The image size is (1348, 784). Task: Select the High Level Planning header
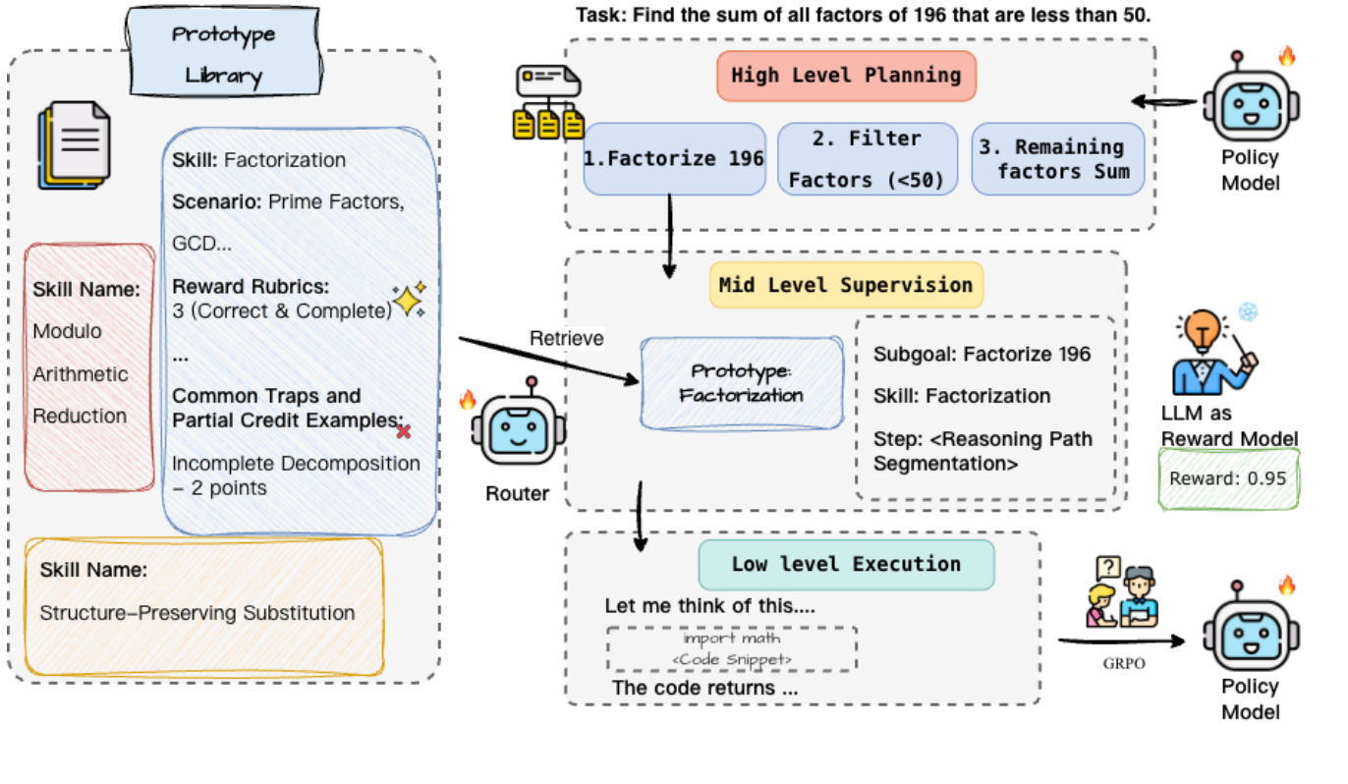(x=846, y=76)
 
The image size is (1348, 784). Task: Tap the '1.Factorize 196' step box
(x=674, y=158)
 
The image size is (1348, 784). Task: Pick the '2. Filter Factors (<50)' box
(x=867, y=159)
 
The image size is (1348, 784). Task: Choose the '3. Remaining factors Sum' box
(x=1057, y=159)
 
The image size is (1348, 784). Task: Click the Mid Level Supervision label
(x=845, y=285)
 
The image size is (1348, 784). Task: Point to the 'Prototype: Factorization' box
(x=741, y=383)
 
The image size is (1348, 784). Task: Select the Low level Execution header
(x=845, y=565)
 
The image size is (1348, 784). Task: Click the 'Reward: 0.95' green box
(x=1229, y=478)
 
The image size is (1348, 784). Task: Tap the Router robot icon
(x=517, y=429)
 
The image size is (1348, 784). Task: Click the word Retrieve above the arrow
(x=567, y=338)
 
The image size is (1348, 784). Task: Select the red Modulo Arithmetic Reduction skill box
(x=89, y=366)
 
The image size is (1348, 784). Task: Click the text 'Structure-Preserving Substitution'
(x=197, y=613)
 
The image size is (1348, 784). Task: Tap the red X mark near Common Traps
(x=403, y=430)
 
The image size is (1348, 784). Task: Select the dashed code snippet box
(x=731, y=649)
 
